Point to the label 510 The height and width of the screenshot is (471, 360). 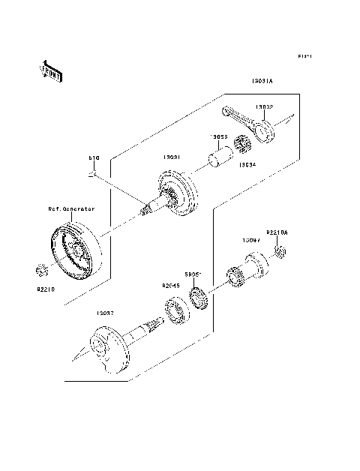[94, 159]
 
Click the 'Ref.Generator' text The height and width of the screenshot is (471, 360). [72, 209]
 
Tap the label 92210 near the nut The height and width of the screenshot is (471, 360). [46, 286]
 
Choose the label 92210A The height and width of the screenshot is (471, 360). [277, 232]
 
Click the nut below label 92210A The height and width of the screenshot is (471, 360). [279, 249]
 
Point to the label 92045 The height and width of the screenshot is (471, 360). [171, 286]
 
